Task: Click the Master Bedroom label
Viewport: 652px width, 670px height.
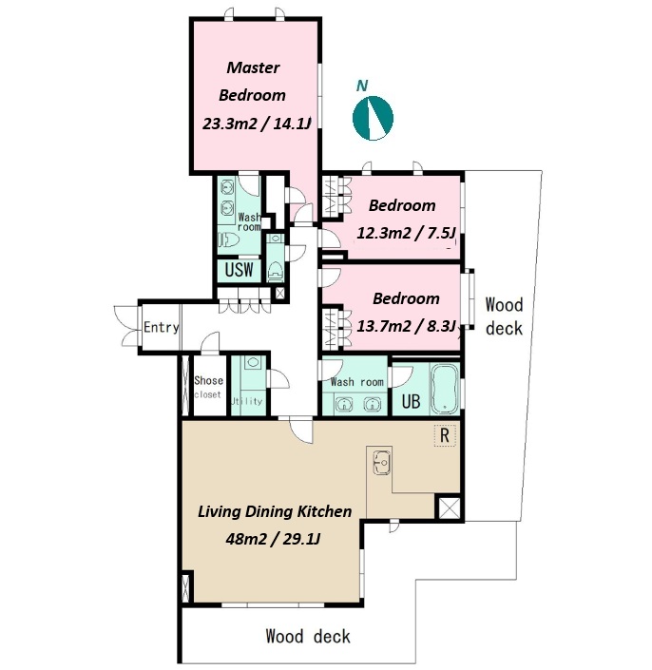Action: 252,81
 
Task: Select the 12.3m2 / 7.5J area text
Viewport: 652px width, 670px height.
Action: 407,233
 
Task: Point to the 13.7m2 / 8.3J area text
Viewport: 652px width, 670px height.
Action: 407,327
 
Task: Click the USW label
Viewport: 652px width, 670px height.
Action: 239,270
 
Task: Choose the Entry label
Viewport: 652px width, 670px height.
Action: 161,327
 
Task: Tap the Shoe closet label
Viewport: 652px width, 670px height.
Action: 208,387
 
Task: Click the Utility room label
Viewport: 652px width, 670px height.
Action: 246,401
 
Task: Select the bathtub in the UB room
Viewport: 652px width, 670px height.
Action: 445,389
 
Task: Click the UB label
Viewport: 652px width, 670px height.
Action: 411,401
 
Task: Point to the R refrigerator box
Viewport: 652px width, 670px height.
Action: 445,435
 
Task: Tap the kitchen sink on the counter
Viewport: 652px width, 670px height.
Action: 382,462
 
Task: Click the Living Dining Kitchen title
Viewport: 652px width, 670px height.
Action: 275,511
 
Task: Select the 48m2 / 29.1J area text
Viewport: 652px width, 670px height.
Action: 273,539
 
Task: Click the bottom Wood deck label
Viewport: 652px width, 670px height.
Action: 308,636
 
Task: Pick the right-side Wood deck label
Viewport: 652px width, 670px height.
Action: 504,316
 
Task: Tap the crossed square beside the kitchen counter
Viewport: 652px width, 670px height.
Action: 450,508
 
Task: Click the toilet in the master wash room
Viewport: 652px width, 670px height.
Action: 229,239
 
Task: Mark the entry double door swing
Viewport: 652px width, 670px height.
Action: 127,327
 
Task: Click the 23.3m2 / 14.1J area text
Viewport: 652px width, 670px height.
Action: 257,124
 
